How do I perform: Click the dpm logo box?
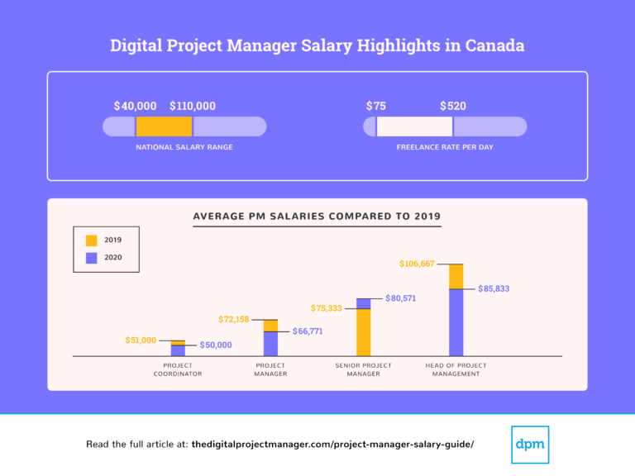[530, 444]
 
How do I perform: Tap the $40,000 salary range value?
[135, 106]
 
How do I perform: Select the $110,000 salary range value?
[193, 106]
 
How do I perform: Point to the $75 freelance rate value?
[376, 106]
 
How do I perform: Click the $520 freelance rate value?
[453, 106]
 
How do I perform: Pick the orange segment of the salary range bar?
[164, 126]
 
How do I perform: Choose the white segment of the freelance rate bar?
[414, 126]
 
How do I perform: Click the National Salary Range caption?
[184, 147]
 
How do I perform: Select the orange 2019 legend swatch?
[91, 240]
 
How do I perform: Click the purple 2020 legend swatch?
[91, 258]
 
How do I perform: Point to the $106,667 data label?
[419, 264]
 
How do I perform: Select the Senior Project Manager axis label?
[364, 369]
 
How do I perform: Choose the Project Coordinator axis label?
[178, 369]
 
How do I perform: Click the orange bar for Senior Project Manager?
[364, 331]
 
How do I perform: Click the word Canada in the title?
[494, 45]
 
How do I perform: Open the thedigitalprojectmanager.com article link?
[332, 445]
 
